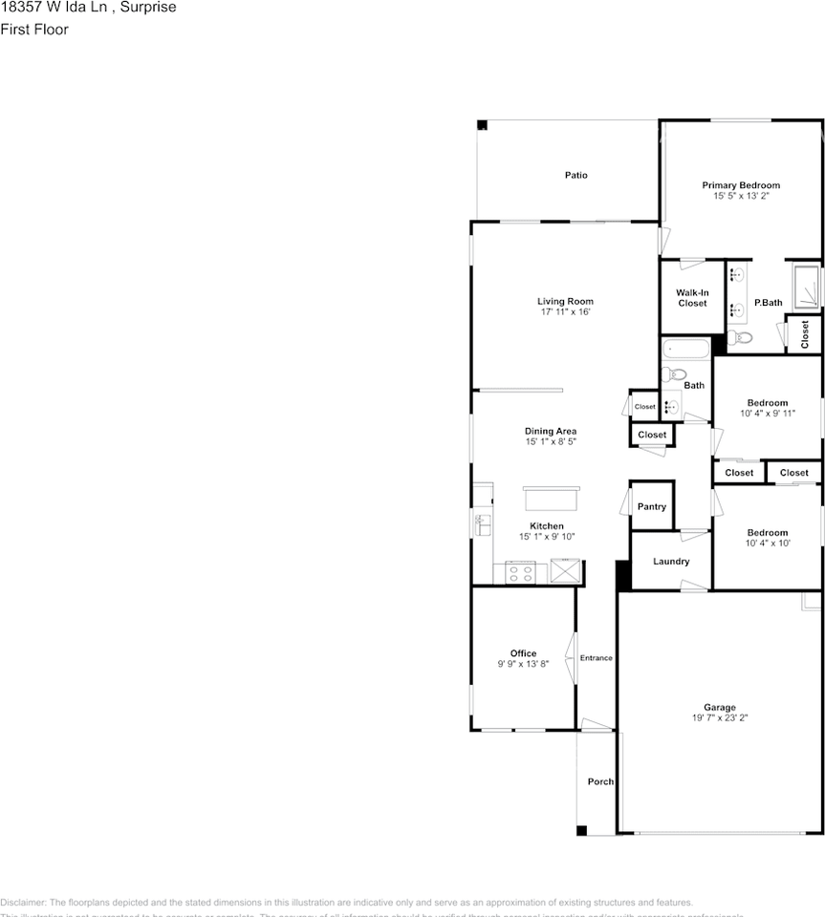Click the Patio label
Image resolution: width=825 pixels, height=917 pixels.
click(575, 175)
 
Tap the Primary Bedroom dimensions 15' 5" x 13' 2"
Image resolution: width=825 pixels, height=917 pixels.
click(741, 196)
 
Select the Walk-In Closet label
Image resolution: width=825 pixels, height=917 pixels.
click(692, 298)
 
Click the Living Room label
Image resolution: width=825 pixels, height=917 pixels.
click(565, 301)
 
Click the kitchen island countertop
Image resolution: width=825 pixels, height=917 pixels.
click(551, 501)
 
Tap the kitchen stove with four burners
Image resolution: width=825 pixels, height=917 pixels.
click(521, 573)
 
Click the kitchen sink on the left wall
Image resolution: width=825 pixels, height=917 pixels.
click(482, 523)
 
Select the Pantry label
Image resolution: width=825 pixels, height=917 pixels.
click(651, 507)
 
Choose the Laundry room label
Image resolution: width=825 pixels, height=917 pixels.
click(671, 562)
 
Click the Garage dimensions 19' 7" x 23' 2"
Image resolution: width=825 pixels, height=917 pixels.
click(720, 718)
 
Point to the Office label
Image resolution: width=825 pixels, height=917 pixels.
click(523, 653)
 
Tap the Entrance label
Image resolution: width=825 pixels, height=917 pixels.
click(597, 658)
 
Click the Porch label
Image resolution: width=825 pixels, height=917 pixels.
click(600, 782)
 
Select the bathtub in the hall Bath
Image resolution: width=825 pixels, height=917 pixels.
click(685, 349)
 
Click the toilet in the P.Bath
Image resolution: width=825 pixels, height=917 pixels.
click(742, 337)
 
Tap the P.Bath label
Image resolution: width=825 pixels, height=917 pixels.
click(769, 303)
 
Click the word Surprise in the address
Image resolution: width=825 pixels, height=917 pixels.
click(149, 7)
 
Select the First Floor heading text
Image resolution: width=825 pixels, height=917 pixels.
click(34, 30)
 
